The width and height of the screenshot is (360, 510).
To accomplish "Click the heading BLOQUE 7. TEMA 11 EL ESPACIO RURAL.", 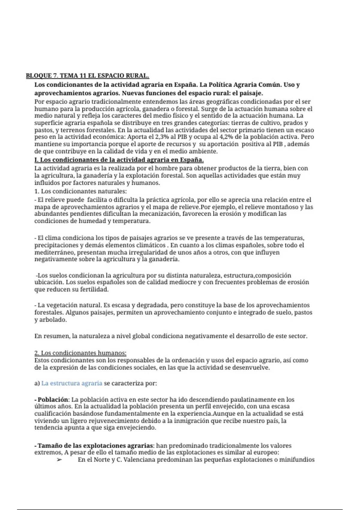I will tap(87, 76).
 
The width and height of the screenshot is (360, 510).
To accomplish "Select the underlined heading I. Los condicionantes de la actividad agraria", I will tap(119, 160).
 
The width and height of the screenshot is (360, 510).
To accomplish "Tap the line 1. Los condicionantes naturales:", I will tap(81, 191).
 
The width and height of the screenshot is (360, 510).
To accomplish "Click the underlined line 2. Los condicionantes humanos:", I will tap(80, 353).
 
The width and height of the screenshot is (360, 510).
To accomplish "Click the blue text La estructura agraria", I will tap(72, 383).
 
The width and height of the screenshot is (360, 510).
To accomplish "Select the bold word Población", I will tap(53, 400).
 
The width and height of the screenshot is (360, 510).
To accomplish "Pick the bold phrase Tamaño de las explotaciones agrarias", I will tap(95, 446).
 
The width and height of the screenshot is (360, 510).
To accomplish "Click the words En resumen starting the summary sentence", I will tap(52, 336).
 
